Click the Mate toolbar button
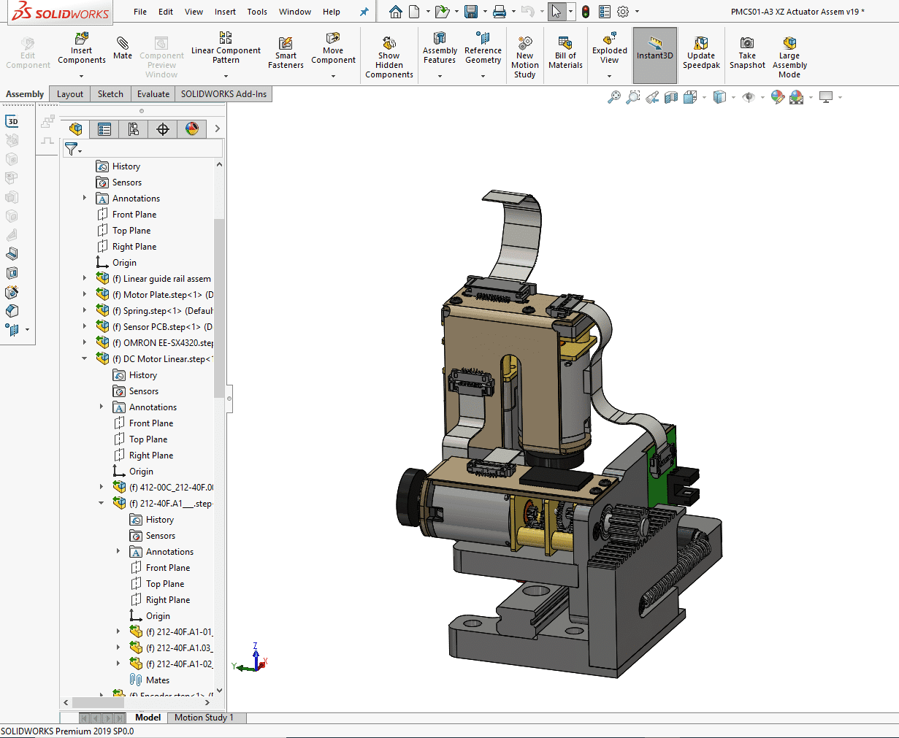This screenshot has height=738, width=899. [x=123, y=47]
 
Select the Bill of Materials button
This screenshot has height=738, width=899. [x=565, y=53]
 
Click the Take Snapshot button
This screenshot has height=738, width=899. [x=747, y=53]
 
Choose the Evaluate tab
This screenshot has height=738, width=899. [x=153, y=94]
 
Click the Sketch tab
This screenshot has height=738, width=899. [x=110, y=94]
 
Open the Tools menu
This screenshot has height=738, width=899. [x=257, y=12]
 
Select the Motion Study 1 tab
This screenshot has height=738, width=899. [x=204, y=718]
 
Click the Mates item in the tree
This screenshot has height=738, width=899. [x=157, y=680]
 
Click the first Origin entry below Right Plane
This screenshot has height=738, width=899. [x=124, y=263]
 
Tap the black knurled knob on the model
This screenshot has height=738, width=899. [x=411, y=497]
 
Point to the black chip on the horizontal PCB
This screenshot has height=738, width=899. [x=556, y=477]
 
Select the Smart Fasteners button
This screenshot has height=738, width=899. [x=286, y=53]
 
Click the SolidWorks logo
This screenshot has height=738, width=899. [x=61, y=12]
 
